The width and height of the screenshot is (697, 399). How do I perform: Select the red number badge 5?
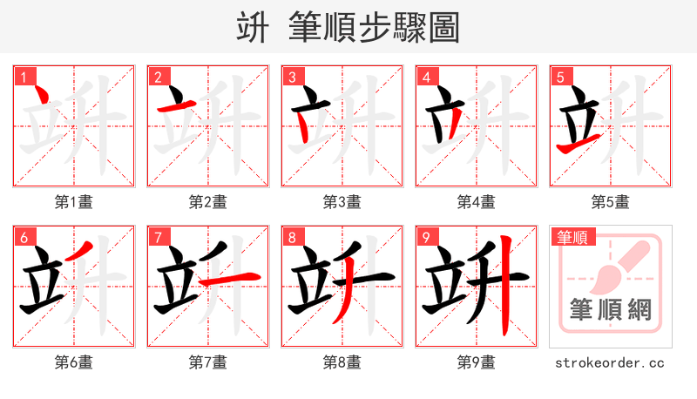(560, 78)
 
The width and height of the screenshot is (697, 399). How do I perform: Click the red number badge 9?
(426, 238)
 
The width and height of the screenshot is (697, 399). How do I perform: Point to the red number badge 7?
(158, 238)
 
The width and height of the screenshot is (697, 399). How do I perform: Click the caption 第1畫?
(74, 202)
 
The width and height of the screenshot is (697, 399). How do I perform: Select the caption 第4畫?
(477, 202)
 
